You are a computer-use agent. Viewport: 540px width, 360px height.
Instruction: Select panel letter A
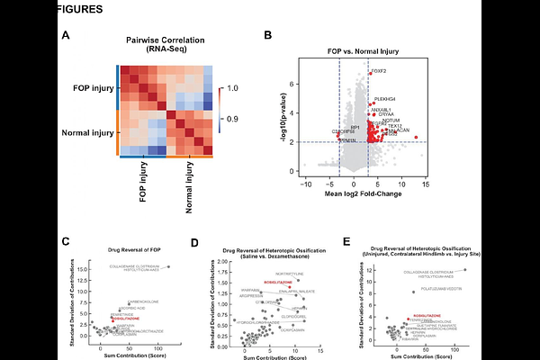[x=65, y=36]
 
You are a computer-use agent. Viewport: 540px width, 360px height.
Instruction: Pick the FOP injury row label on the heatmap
[x=89, y=87]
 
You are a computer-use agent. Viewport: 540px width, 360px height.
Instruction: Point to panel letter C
[x=65, y=240]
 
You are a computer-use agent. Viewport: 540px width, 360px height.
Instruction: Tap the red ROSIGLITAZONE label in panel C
[x=126, y=319]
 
